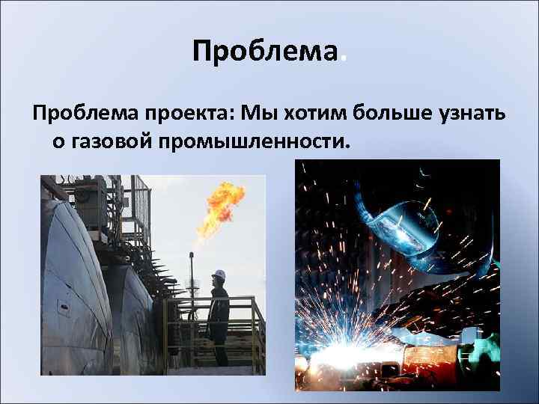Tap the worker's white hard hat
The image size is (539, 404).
click(x=219, y=275)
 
